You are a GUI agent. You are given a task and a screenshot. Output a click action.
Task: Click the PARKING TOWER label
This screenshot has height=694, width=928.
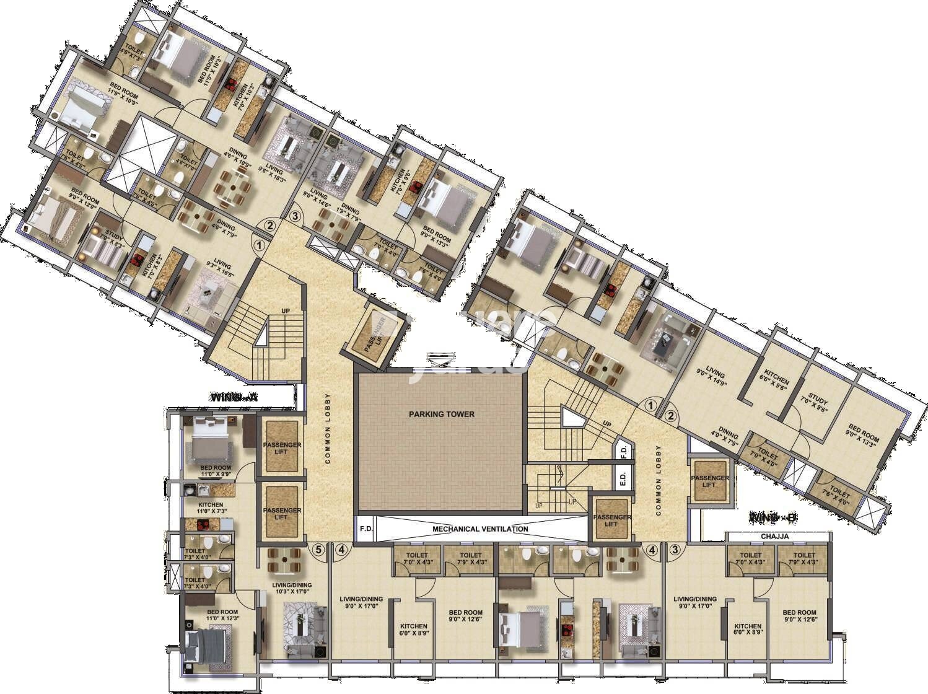point(441,414)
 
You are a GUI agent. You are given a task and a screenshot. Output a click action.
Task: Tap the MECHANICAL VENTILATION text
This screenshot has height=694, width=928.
point(480,529)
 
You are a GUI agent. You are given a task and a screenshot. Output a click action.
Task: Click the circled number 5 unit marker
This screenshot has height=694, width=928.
point(318,549)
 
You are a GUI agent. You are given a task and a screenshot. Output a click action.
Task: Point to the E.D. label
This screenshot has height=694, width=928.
point(622,478)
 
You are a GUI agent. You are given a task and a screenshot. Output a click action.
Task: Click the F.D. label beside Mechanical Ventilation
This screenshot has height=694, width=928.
point(366,529)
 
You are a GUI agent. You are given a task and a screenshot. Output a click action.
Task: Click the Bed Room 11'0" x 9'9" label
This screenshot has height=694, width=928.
point(215,471)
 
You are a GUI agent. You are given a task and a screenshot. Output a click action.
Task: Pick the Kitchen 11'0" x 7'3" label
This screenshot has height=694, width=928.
point(210,508)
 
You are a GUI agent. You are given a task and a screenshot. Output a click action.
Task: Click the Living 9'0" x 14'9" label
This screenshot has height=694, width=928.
point(716,377)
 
